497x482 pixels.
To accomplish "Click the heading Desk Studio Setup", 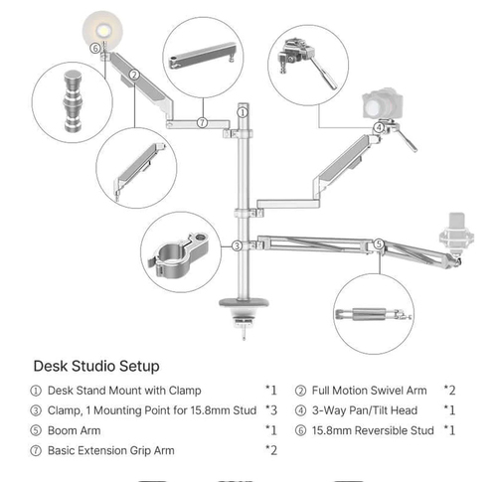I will [95, 366].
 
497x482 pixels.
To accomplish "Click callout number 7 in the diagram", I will [202, 122].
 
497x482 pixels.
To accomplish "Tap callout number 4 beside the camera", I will [380, 127].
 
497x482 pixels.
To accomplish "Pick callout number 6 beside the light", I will [95, 47].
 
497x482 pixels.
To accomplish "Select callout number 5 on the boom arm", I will [379, 243].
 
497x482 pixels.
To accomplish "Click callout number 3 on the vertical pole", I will [238, 244].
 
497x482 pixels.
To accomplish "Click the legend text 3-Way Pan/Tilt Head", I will [364, 409].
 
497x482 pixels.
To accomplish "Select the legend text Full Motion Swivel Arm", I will [371, 390].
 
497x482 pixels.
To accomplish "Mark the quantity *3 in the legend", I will [271, 409].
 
